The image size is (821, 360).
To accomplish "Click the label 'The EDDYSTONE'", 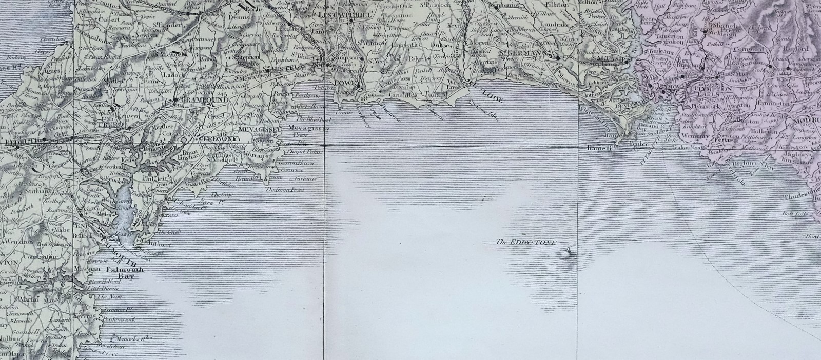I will [x=525, y=243].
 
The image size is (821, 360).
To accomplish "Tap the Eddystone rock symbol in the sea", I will [x=570, y=250].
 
